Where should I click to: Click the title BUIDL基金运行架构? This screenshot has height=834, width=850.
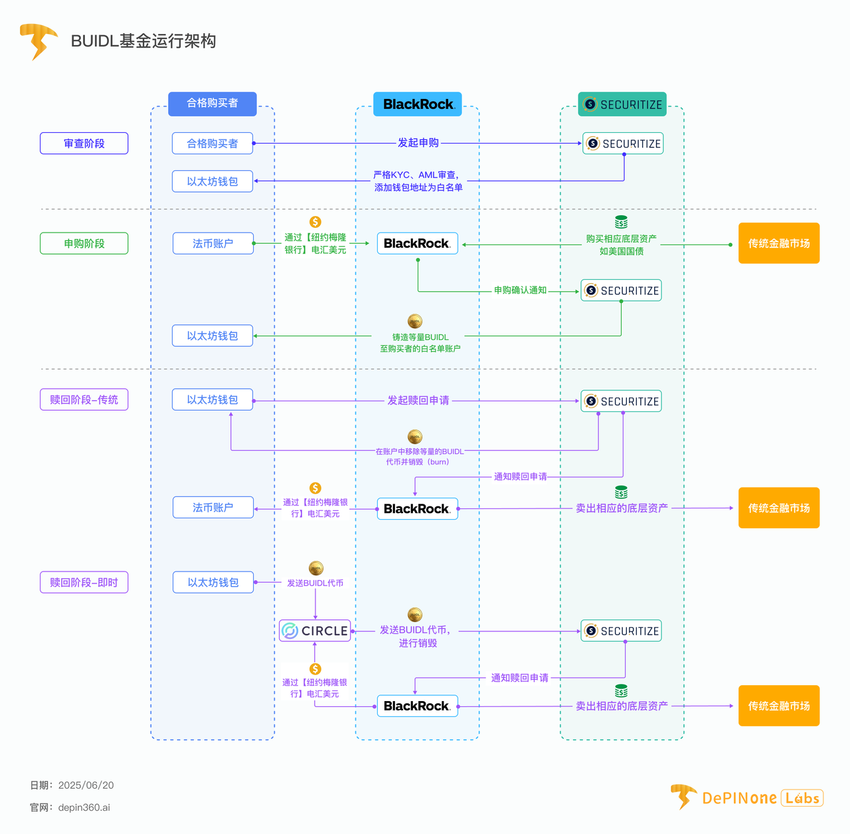pyautogui.click(x=143, y=41)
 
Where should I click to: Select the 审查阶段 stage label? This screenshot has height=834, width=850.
pyautogui.click(x=84, y=144)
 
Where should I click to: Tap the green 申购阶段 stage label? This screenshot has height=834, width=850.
pyautogui.click(x=84, y=244)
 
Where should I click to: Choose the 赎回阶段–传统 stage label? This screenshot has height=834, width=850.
pyautogui.click(x=84, y=400)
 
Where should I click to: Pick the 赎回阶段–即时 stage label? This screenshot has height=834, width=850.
pyautogui.click(x=84, y=583)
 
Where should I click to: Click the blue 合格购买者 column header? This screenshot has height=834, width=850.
pyautogui.click(x=212, y=104)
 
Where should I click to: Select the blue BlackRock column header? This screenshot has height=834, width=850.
pyautogui.click(x=418, y=104)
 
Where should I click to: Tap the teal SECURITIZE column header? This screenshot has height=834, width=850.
pyautogui.click(x=622, y=104)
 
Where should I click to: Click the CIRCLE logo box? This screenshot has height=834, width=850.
pyautogui.click(x=315, y=631)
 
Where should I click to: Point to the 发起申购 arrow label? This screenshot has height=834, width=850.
pyautogui.click(x=418, y=143)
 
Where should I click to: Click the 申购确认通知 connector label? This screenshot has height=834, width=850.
pyautogui.click(x=520, y=290)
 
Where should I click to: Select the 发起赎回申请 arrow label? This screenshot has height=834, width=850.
pyautogui.click(x=418, y=401)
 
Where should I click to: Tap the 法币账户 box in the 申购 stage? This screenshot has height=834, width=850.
pyautogui.click(x=213, y=244)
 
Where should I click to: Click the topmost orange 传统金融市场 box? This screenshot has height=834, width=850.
pyautogui.click(x=779, y=244)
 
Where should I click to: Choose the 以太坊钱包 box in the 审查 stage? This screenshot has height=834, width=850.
pyautogui.click(x=212, y=181)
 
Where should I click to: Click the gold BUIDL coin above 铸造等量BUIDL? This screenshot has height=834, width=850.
pyautogui.click(x=415, y=322)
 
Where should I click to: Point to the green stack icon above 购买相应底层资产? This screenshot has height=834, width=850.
pyautogui.click(x=621, y=222)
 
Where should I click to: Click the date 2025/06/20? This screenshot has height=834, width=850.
pyautogui.click(x=86, y=785)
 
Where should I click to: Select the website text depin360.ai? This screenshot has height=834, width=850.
pyautogui.click(x=84, y=807)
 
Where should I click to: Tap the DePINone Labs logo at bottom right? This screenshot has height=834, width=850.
pyautogui.click(x=747, y=797)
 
